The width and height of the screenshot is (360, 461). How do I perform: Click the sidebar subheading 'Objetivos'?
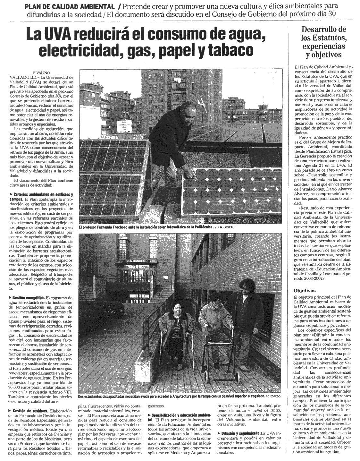[305, 291]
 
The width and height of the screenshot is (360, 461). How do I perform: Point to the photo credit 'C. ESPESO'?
[275, 397]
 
